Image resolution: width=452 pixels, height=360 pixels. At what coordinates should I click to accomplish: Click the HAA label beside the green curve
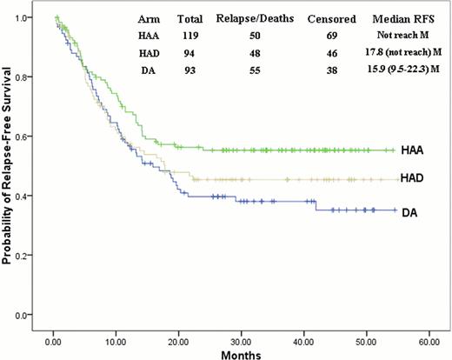click(413, 150)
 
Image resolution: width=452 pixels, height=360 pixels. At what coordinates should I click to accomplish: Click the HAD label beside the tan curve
click(413, 179)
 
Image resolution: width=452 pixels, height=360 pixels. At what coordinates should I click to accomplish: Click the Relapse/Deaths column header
click(247, 17)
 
